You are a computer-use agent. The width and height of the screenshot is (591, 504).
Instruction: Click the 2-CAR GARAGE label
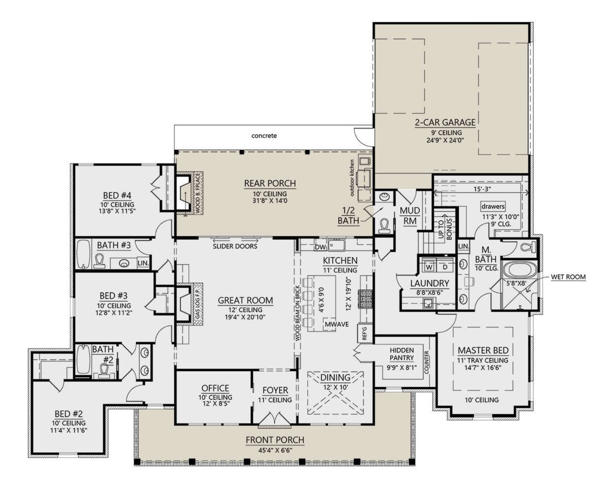[x=445, y=123]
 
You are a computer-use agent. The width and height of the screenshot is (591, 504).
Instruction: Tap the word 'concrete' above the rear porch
[x=264, y=136]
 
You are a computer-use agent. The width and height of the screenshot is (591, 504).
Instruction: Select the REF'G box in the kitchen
[x=365, y=333]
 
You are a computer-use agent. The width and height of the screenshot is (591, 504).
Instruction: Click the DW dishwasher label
[x=320, y=247]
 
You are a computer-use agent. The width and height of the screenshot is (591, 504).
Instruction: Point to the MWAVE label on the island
[x=336, y=324]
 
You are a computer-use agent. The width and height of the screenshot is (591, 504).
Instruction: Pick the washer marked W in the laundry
[x=429, y=267]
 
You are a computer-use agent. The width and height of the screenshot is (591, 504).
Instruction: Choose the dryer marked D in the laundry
[x=445, y=267]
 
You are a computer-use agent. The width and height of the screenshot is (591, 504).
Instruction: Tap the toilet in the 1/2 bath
[x=384, y=226]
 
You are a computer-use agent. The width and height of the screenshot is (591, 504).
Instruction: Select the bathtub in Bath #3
[x=84, y=254]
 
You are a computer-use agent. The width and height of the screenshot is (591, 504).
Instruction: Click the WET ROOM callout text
[x=568, y=277]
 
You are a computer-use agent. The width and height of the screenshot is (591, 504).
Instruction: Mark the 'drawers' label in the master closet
[x=493, y=206]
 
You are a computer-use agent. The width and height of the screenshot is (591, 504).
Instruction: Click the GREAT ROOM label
[x=245, y=300]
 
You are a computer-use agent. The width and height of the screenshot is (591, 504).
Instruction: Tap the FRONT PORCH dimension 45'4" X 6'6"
[x=274, y=450]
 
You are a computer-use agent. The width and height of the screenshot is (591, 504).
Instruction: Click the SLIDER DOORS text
[x=235, y=246]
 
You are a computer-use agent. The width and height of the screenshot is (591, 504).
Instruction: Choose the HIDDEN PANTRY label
[x=402, y=354]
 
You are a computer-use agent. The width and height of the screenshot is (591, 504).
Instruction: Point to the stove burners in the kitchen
[x=366, y=299]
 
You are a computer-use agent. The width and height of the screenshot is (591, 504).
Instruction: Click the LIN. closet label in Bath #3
[x=143, y=263]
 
